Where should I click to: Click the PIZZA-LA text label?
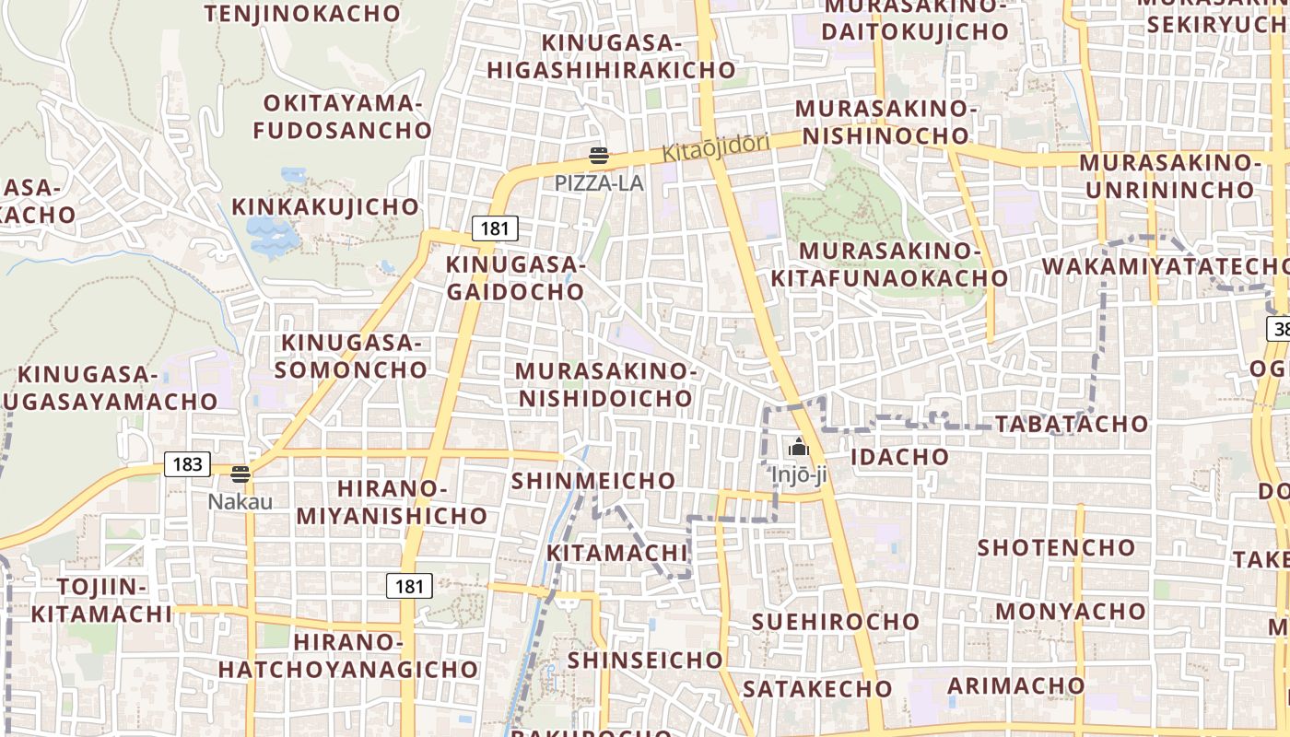[x=599, y=182]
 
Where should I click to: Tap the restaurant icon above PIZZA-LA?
[x=599, y=156]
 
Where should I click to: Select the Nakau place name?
[x=240, y=501]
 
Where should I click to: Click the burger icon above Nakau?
[x=240, y=474]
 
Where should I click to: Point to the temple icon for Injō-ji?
[x=798, y=448]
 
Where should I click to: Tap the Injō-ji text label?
[x=799, y=475]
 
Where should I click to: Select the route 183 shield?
[x=187, y=463]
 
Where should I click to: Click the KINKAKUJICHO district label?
[x=325, y=206]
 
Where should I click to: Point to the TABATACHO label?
[x=1072, y=424]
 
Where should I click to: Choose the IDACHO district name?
[x=899, y=457]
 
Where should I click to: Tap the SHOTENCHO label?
[x=1056, y=547]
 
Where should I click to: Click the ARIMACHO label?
[x=1016, y=685]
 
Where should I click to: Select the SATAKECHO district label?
[x=817, y=688]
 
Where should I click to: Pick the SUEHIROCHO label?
[x=836, y=621]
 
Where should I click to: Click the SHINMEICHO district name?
[x=593, y=481]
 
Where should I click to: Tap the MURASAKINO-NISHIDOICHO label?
[x=605, y=384]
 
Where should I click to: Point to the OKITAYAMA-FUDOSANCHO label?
[x=342, y=116]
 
